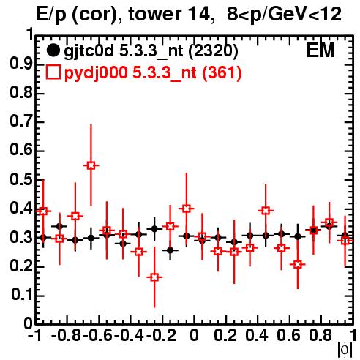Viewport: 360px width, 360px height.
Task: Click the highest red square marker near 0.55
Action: pos(91,165)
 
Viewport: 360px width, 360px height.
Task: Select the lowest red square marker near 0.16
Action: pos(154,277)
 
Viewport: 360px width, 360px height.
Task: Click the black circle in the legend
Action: pos(53,50)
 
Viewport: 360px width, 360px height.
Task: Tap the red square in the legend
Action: pos(53,72)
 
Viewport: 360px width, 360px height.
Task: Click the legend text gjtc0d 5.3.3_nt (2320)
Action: pos(151,51)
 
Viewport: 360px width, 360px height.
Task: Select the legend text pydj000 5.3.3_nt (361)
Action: pos(153,73)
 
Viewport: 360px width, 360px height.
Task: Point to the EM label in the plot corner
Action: pos(320,50)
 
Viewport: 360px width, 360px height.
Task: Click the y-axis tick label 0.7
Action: pos(21,121)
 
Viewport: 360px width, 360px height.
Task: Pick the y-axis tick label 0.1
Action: pos(21,294)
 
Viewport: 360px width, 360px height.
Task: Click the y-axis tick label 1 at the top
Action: pos(30,34)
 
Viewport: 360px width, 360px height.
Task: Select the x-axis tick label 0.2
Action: pos(225,335)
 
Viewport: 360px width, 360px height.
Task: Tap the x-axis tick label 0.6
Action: pos(288,335)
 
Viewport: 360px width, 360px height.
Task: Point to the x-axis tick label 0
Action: pos(194,335)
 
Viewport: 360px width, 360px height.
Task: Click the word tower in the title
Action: pos(154,14)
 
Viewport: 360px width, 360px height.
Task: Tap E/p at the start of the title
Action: pos(51,15)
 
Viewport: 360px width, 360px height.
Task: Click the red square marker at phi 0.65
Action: pos(297,264)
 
